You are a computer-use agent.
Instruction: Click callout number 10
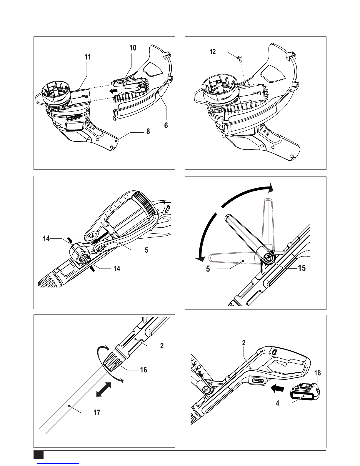click(133, 48)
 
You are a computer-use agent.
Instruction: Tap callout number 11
click(87, 57)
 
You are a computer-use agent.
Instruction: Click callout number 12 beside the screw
click(213, 52)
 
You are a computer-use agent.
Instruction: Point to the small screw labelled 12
click(239, 59)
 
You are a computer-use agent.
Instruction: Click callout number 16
click(143, 370)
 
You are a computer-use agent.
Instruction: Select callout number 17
click(97, 413)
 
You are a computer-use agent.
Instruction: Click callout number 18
click(317, 373)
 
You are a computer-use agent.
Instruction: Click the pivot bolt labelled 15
click(268, 258)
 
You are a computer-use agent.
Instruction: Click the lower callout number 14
click(117, 269)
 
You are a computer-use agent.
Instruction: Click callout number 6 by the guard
click(166, 125)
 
